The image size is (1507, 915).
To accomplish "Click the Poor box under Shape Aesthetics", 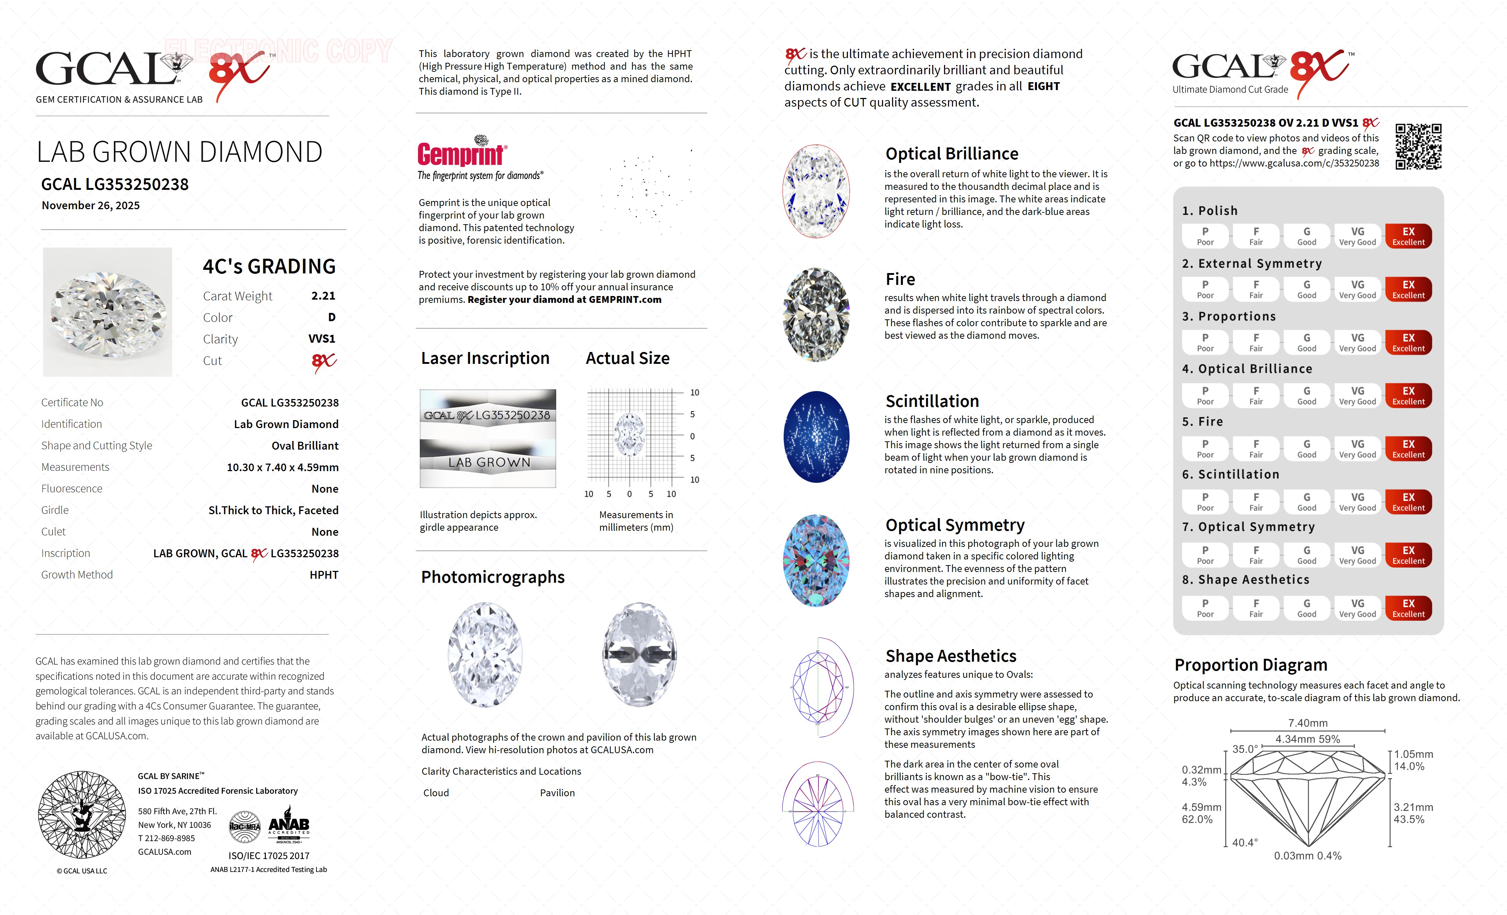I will [x=1205, y=608].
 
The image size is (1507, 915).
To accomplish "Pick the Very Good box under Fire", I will [x=1357, y=448].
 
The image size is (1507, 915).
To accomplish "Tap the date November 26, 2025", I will [x=90, y=206].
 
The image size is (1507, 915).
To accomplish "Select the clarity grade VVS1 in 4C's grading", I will [x=322, y=339].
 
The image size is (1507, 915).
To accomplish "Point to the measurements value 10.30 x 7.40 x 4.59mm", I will [x=283, y=467].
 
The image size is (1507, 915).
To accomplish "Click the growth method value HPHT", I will [x=324, y=575].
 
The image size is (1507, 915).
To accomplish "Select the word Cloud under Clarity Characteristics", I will [x=436, y=793].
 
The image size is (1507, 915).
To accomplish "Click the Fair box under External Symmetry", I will [x=1255, y=289].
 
